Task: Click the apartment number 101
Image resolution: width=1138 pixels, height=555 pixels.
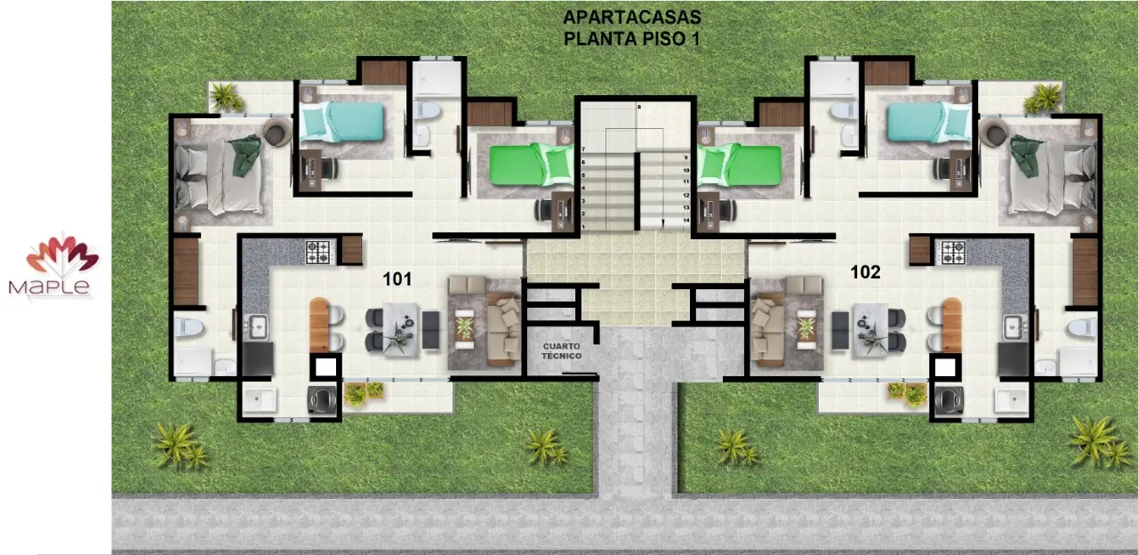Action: [x=397, y=279]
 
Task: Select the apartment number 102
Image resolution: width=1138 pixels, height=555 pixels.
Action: [x=865, y=272]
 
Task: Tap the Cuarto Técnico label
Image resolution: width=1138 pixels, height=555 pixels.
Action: [x=561, y=350]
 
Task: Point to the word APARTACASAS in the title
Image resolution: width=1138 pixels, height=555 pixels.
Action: [x=632, y=17]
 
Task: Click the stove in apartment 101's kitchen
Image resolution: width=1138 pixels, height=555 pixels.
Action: [x=318, y=252]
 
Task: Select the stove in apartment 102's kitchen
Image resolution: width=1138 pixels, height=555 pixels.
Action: [x=953, y=253]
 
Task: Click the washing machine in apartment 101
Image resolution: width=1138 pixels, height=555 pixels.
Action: [x=323, y=399]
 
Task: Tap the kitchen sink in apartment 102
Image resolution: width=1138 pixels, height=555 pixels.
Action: [x=1014, y=326]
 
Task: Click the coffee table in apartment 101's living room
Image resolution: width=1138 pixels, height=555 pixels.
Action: [x=464, y=328]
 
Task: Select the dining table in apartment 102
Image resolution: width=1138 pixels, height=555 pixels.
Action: [x=870, y=330]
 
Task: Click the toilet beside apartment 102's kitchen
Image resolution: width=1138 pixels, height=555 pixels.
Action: [x=1082, y=328]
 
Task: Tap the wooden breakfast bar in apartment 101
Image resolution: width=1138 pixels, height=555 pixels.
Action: [x=319, y=326]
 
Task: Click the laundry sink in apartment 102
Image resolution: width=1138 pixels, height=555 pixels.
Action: [x=1012, y=400]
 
